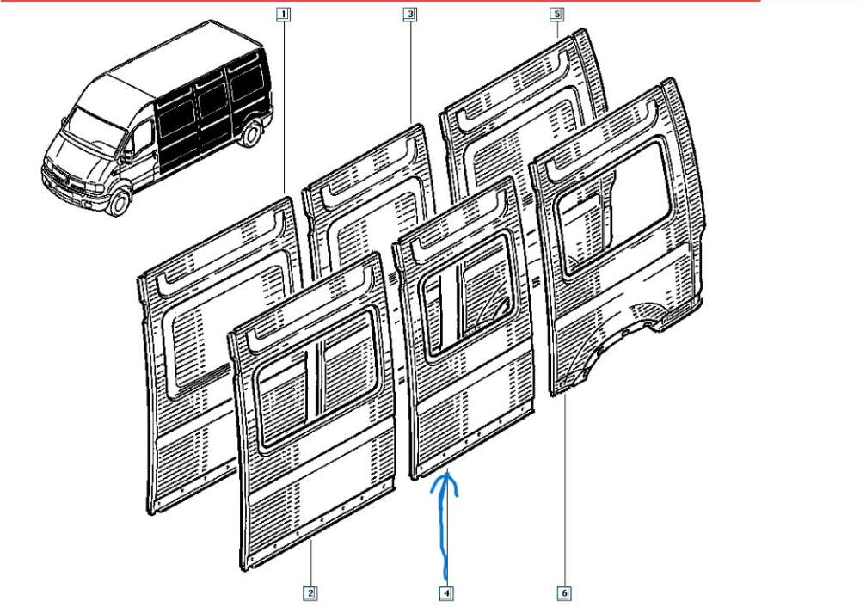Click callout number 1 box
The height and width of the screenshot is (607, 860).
284,14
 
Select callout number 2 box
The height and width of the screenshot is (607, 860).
308,592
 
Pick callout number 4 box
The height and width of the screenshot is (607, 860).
447,592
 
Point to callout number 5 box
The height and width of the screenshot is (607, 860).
556,14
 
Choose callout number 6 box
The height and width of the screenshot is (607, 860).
565,592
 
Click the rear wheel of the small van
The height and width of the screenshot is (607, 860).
252,133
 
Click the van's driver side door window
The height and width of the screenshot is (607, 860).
142,138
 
